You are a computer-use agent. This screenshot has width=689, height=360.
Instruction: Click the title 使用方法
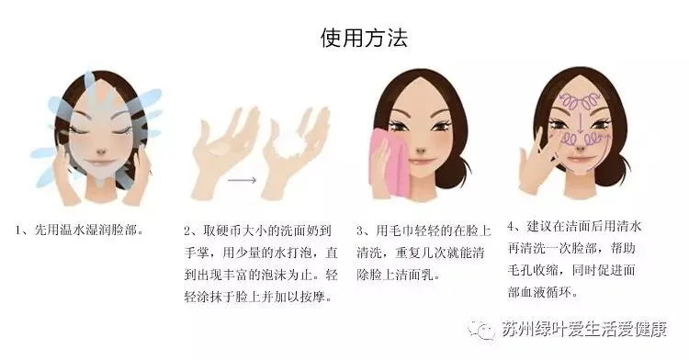coord(364,38)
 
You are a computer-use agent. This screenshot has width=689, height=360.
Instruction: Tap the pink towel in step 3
coord(389,163)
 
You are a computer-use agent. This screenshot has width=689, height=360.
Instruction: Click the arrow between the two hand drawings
coord(242,180)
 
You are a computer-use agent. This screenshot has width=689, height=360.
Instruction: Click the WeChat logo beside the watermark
coord(482,329)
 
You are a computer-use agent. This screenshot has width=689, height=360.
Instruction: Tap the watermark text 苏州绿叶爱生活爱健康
coord(584,330)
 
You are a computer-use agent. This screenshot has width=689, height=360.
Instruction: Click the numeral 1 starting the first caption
coord(18,230)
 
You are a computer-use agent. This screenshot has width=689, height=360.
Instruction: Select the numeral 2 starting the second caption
coord(187,231)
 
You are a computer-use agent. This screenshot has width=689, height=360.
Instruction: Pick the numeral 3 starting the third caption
coord(360,231)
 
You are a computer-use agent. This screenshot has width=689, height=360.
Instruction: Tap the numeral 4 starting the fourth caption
coord(511,227)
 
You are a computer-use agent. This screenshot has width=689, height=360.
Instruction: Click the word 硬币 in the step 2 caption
coord(227,231)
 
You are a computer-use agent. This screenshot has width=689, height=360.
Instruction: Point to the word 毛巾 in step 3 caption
coord(400,231)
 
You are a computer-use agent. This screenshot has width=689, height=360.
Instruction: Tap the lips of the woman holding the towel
coord(421,161)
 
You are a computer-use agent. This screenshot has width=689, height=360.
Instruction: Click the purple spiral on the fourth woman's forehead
coord(580,101)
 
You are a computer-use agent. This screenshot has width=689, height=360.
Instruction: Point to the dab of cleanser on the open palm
coord(217,150)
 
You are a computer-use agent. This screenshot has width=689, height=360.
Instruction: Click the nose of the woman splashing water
coord(101,151)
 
